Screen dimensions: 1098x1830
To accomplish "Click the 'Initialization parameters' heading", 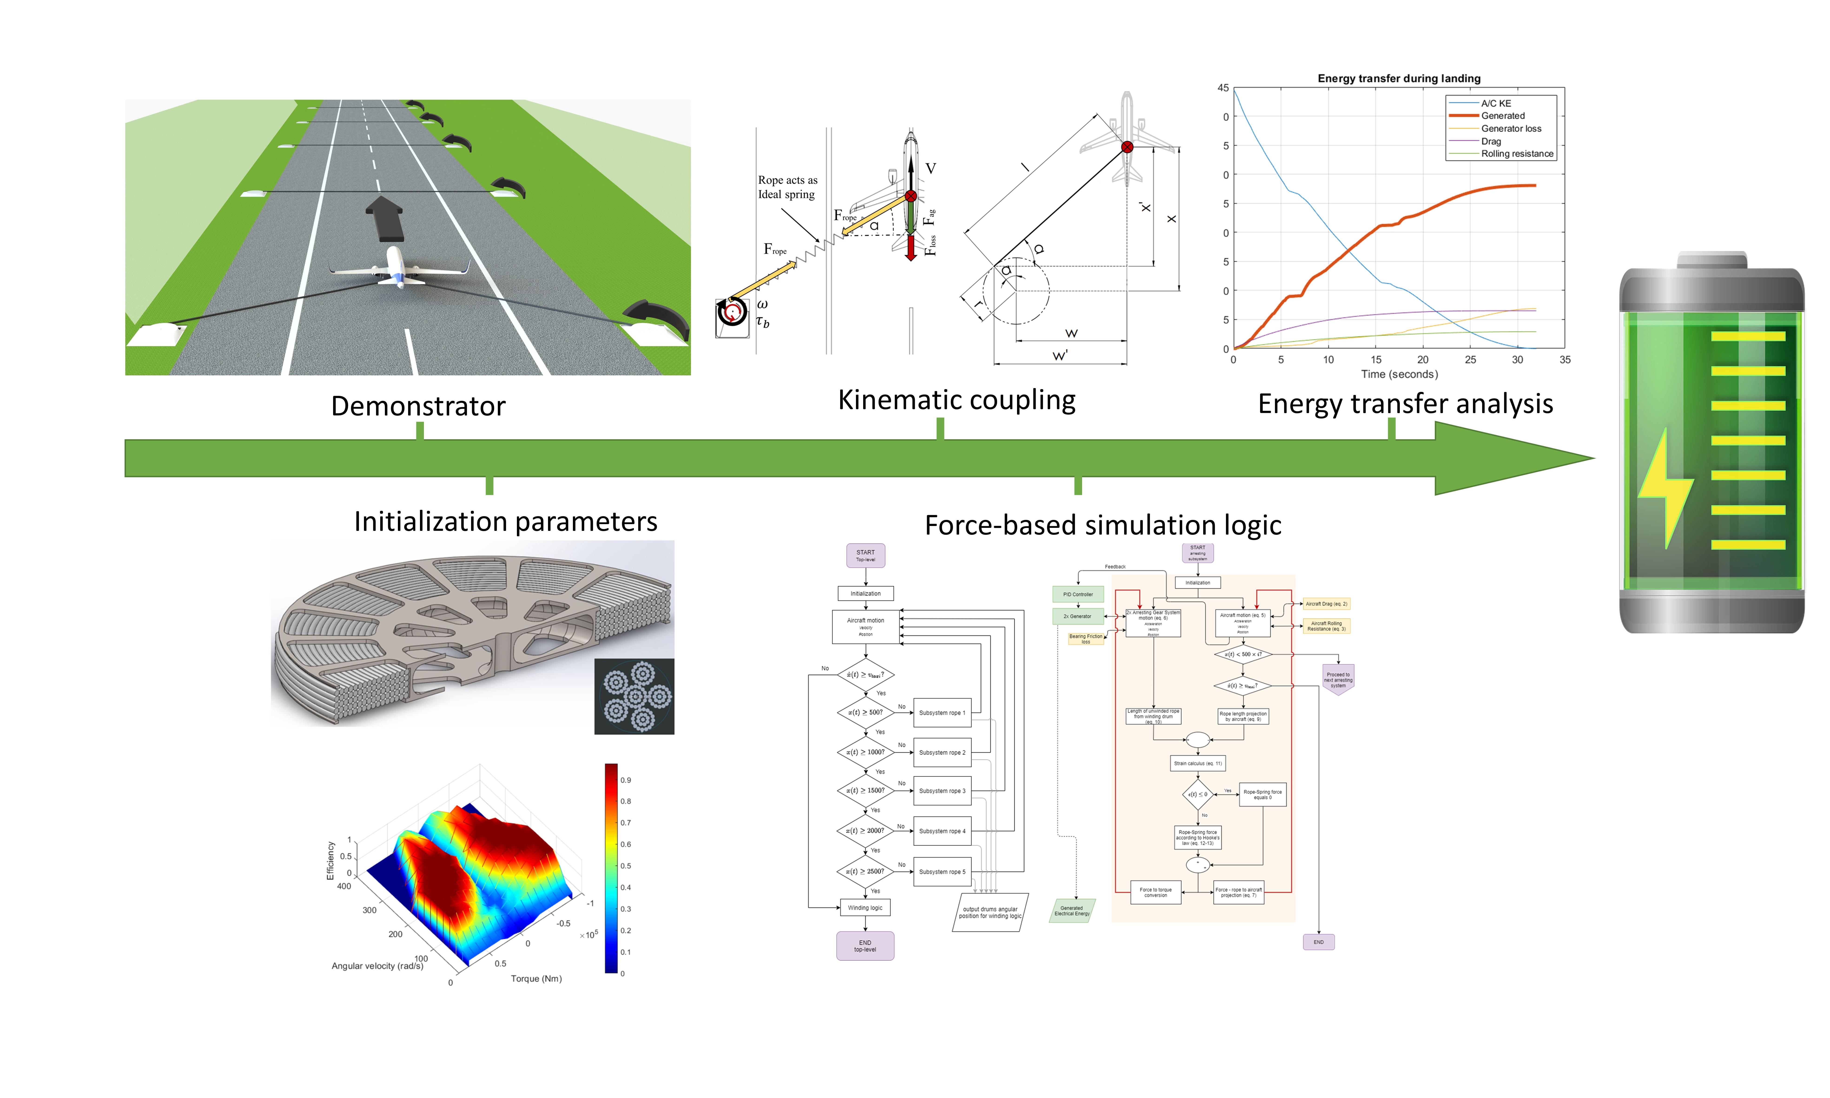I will [505, 522].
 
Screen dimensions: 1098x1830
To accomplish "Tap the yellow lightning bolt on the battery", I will [1664, 488].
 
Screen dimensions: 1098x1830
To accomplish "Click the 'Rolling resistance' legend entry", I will [1516, 154].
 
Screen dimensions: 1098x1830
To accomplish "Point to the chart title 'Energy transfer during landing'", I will [1399, 78].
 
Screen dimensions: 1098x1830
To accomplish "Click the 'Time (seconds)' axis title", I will [1399, 374].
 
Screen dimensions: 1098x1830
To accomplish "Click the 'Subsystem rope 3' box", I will [942, 791].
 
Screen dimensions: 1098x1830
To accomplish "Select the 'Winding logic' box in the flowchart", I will [865, 908].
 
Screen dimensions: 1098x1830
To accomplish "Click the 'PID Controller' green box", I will [1078, 594].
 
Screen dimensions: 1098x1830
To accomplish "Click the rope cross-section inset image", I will [634, 696].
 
